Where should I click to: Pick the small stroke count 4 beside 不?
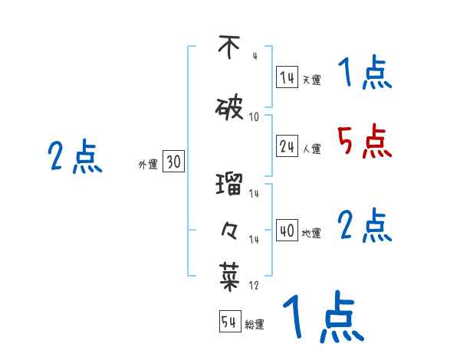coord(255,56)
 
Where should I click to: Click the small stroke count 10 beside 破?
coord(255,117)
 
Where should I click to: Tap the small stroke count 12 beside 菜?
coord(254,286)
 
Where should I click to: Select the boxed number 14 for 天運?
coord(287,77)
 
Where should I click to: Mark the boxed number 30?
coord(173,162)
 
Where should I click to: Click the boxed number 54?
coord(229,322)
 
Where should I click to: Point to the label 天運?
coord(311,80)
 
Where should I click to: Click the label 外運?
coord(148,165)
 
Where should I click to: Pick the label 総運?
coord(255,325)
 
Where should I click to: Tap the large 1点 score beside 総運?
coord(322,317)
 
